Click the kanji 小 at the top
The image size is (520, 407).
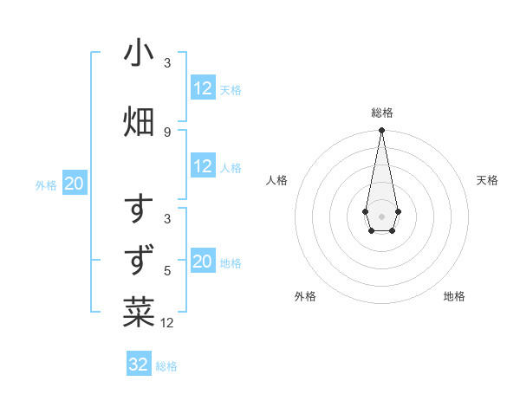(x=139, y=54)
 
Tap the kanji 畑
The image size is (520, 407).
(x=139, y=121)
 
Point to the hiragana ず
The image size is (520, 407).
(x=139, y=260)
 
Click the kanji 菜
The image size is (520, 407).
(x=139, y=312)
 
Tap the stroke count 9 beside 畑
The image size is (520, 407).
(x=167, y=132)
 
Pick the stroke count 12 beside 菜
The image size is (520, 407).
(x=167, y=323)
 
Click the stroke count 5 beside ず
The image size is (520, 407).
(x=167, y=270)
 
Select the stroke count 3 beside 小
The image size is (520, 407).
(x=167, y=63)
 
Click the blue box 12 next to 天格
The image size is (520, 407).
(x=203, y=88)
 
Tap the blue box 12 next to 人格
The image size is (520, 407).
(x=203, y=166)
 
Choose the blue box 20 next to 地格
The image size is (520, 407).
(x=203, y=262)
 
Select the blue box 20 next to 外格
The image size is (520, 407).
(x=75, y=184)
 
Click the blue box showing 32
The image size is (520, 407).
(x=139, y=365)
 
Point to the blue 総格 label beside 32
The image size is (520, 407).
(x=166, y=366)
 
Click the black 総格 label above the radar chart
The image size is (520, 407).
(x=381, y=113)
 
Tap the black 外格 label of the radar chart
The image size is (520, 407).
(x=305, y=296)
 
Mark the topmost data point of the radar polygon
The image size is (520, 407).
(x=381, y=131)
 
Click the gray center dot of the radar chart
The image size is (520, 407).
(x=381, y=215)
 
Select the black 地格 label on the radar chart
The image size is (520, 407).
(x=454, y=296)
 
